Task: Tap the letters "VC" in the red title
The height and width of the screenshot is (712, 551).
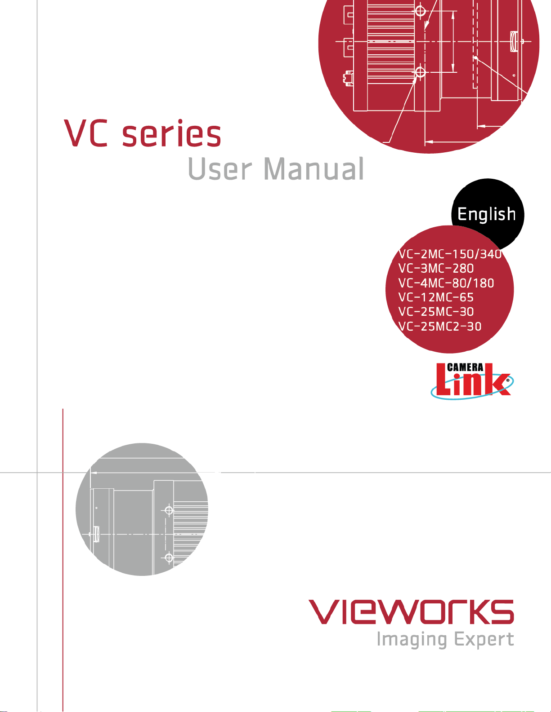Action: pyautogui.click(x=86, y=133)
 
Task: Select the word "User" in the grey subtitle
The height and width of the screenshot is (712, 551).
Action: pyautogui.click(x=220, y=169)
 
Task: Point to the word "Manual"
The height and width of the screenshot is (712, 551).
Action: pyautogui.click(x=314, y=168)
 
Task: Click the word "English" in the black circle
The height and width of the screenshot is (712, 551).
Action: pyautogui.click(x=486, y=215)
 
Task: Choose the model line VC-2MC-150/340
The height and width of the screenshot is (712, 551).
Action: pyautogui.click(x=450, y=254)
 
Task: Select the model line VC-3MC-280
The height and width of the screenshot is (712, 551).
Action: pyautogui.click(x=436, y=268)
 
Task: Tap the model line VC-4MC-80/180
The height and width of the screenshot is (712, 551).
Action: pyautogui.click(x=446, y=283)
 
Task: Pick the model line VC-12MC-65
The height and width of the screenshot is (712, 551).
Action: pyautogui.click(x=436, y=297)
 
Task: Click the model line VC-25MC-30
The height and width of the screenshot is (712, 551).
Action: pyautogui.click(x=436, y=312)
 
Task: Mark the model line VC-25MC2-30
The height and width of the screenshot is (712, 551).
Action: pyautogui.click(x=440, y=326)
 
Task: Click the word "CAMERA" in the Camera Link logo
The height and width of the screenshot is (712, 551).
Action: pyautogui.click(x=465, y=367)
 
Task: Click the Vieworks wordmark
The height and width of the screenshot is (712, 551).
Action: pyautogui.click(x=411, y=612)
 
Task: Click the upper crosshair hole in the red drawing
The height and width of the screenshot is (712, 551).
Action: pyautogui.click(x=420, y=11)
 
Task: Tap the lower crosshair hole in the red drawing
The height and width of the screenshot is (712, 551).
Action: pyautogui.click(x=420, y=72)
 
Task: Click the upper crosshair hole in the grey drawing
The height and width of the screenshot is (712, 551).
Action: pyautogui.click(x=169, y=510)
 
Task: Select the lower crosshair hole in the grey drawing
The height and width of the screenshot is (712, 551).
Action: pyautogui.click(x=169, y=557)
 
